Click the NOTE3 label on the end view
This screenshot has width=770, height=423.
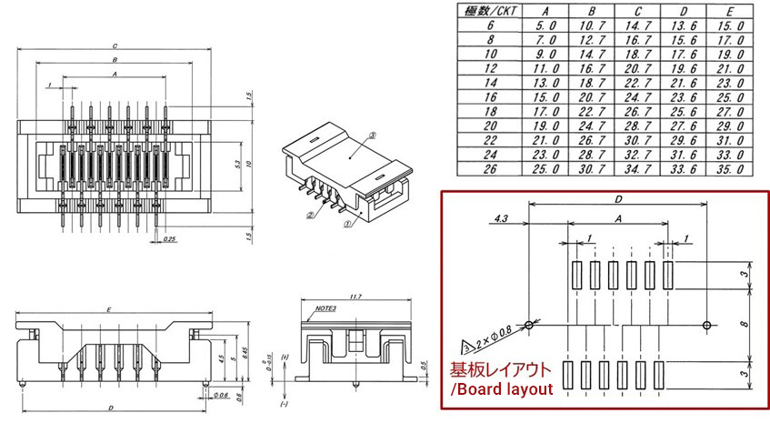click(325, 308)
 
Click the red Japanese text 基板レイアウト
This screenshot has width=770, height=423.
click(500, 371)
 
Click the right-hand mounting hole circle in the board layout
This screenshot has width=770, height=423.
click(709, 325)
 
